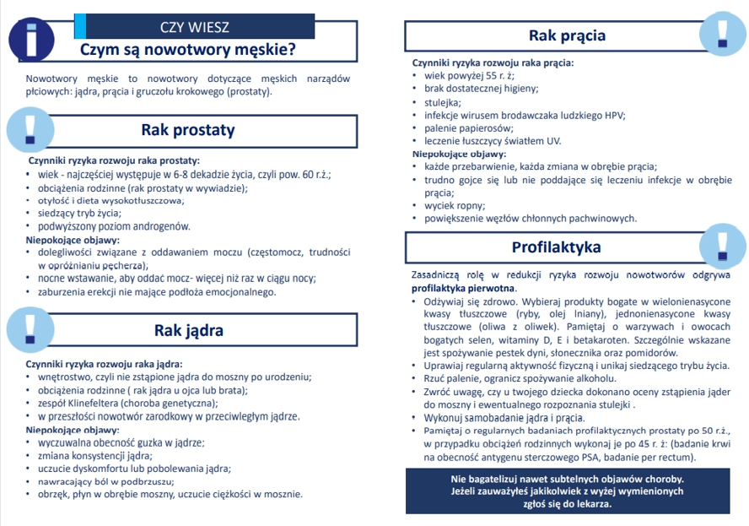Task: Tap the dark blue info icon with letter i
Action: [x=30, y=39]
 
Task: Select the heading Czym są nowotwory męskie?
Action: [x=187, y=50]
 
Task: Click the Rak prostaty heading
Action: [x=187, y=130]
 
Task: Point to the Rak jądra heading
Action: [x=188, y=329]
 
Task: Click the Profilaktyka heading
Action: [x=556, y=247]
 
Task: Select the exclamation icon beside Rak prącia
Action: [x=723, y=32]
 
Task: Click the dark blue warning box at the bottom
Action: [x=567, y=491]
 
